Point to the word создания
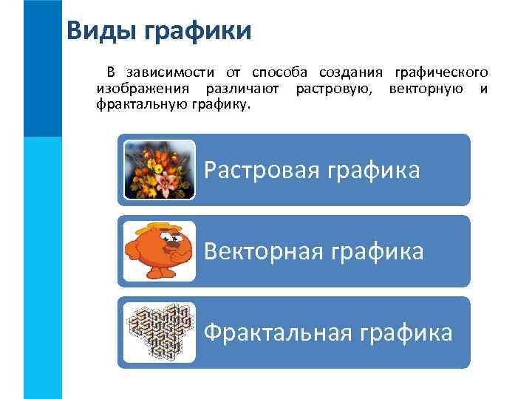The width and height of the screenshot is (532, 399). (x=351, y=72)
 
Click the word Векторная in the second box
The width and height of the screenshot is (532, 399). (x=259, y=252)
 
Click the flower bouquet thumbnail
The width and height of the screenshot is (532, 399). (x=159, y=170)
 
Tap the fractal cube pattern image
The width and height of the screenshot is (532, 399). (x=159, y=332)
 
